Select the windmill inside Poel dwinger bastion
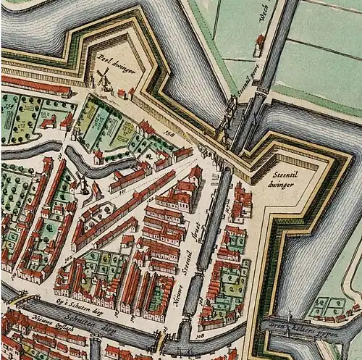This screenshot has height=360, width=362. coord(104,78)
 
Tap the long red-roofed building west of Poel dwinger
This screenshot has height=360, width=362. coord(36,85)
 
